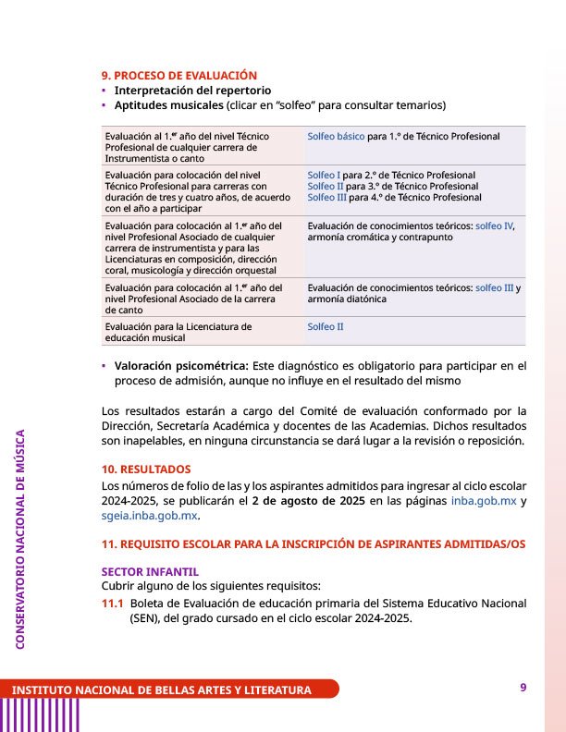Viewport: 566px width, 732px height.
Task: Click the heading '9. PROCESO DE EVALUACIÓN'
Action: [178, 75]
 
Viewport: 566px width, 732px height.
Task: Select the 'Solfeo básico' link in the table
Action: [336, 137]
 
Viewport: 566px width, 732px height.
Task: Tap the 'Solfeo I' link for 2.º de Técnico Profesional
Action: [324, 175]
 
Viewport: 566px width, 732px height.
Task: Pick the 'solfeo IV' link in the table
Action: [494, 226]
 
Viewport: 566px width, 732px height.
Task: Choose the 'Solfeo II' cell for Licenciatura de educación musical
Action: [326, 326]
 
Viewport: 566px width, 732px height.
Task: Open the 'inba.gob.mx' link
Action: [484, 501]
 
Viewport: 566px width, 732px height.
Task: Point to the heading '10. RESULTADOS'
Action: [146, 470]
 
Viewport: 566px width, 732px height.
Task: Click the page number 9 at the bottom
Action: [523, 687]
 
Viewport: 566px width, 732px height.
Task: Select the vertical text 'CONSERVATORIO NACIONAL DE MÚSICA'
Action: [20, 539]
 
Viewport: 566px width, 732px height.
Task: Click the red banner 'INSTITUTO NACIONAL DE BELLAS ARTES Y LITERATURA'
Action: [162, 690]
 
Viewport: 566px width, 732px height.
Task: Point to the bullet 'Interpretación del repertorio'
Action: [192, 91]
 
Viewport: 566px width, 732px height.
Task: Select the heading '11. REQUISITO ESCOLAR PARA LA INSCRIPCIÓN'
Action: [314, 544]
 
